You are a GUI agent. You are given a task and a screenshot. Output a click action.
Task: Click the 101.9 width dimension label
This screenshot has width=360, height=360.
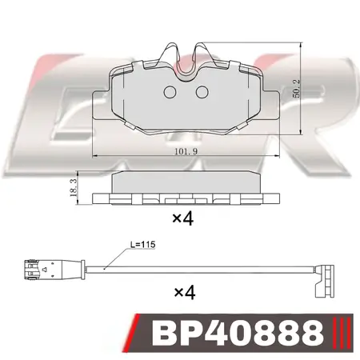(186, 151)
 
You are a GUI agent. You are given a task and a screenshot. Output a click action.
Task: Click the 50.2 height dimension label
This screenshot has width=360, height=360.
(296, 88)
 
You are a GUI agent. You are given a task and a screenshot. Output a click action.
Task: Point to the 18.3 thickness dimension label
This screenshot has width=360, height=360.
(73, 188)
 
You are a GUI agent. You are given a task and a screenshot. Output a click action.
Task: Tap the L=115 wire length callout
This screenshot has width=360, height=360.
(142, 244)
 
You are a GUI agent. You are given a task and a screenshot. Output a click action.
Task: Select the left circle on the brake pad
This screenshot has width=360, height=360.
(170, 92)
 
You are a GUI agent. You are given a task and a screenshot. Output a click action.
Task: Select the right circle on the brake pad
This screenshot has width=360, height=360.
(202, 92)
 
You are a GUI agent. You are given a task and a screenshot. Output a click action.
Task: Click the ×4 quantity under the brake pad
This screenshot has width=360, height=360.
(182, 218)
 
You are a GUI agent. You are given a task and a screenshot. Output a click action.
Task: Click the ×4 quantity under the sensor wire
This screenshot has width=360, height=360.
(185, 292)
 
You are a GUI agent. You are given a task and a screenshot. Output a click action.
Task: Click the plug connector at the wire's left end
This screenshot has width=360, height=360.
(54, 270)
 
